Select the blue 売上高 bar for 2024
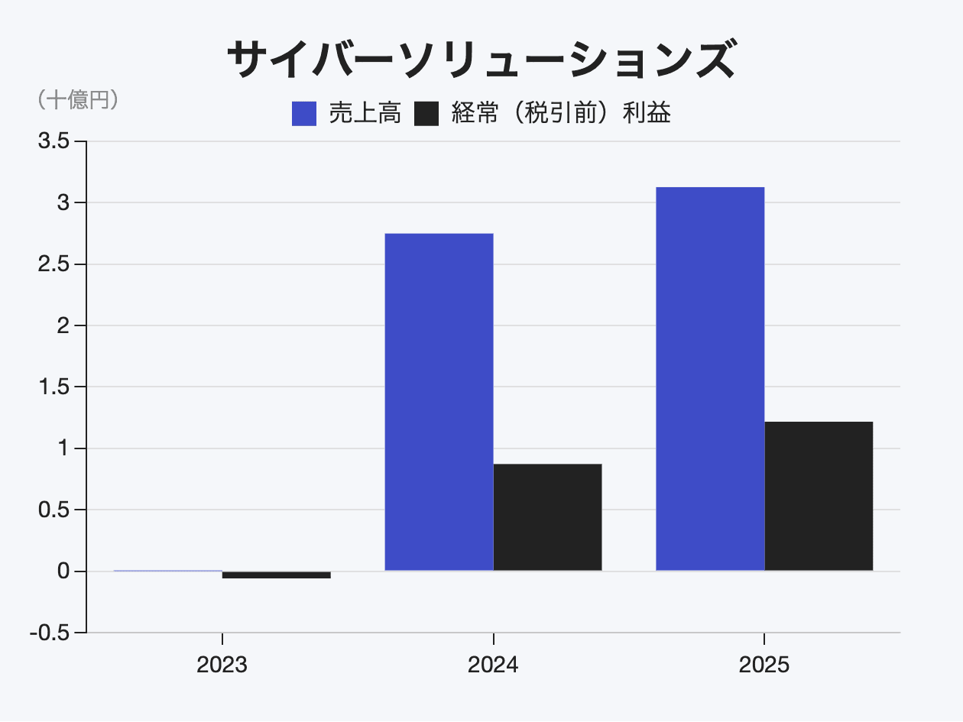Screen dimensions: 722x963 click(439, 402)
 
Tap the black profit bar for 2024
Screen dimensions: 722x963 click(547, 517)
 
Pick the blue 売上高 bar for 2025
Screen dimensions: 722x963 click(710, 379)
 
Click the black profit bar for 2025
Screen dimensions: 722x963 click(819, 496)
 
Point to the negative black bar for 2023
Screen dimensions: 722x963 click(276, 575)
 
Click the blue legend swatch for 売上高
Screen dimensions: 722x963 click(304, 114)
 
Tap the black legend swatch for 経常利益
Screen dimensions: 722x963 click(426, 114)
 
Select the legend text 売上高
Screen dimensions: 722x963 click(365, 114)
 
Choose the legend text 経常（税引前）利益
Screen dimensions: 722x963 click(561, 114)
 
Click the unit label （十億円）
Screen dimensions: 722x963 click(77, 100)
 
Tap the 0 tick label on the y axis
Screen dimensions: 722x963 click(63, 571)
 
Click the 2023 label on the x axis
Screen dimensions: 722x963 click(222, 665)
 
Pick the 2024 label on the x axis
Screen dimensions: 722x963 click(493, 665)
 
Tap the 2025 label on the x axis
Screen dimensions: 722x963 click(764, 665)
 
